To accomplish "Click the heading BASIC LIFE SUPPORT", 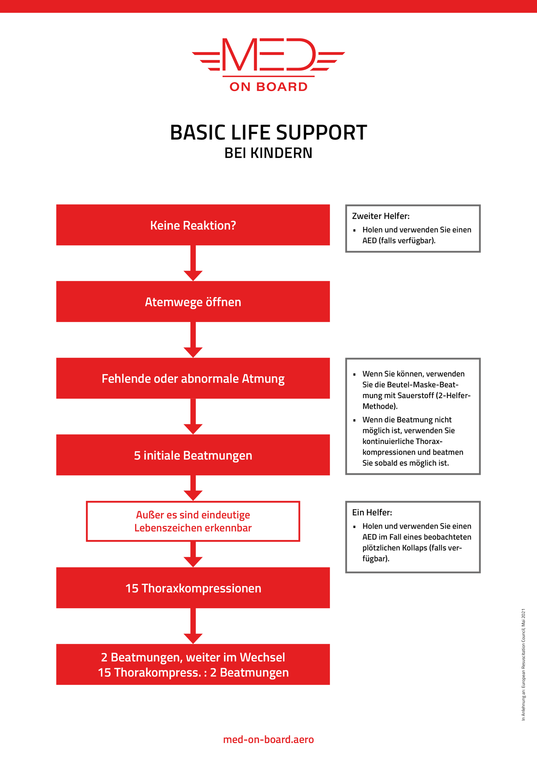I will tap(268, 132).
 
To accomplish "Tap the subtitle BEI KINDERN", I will tap(268, 153).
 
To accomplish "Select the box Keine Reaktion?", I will tap(193, 225).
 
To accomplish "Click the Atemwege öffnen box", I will tap(193, 302).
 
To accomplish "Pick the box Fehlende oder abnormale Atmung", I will tap(193, 378).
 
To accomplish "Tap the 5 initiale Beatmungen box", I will tap(193, 455).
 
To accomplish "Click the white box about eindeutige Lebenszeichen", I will tap(193, 521).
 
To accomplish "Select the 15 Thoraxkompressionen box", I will tap(193, 588).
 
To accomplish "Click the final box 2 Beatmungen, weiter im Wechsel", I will tap(193, 665).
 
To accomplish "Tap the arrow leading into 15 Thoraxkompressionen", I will tap(193, 554).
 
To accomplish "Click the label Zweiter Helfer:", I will tap(381, 216).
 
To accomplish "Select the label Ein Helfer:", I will tap(372, 513).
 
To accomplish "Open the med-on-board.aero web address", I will tap(268, 739).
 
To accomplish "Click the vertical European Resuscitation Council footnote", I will tap(523, 665).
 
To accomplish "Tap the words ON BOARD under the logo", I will tap(268, 87).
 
